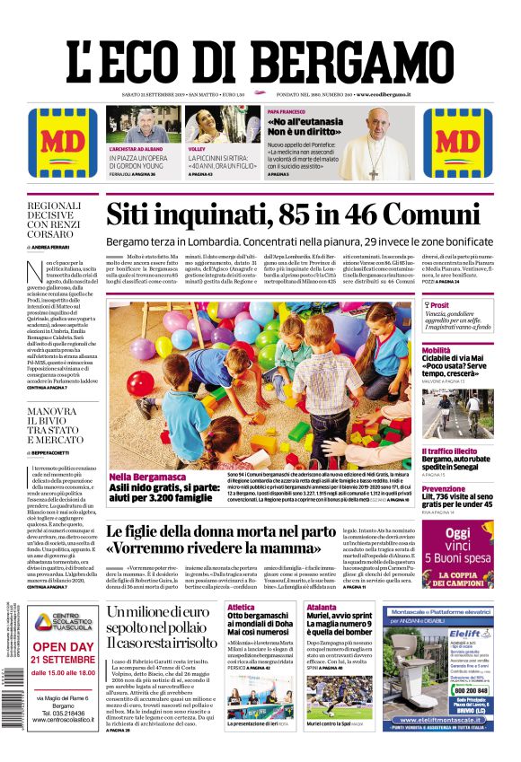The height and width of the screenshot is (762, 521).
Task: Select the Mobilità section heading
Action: point(437,350)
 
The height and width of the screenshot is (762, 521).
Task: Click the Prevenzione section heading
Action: point(445,489)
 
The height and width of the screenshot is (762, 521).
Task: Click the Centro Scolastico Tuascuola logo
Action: point(63,620)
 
